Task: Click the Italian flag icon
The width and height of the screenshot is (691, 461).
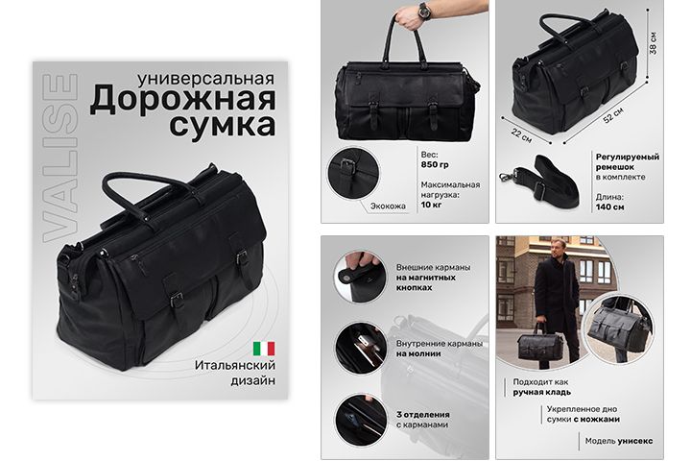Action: pyautogui.click(x=264, y=349)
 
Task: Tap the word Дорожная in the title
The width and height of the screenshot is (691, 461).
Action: pyautogui.click(x=183, y=98)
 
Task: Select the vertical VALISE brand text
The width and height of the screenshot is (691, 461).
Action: pyautogui.click(x=60, y=158)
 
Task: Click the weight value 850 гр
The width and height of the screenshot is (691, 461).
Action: pyautogui.click(x=435, y=165)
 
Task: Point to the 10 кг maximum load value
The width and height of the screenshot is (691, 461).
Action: pyautogui.click(x=431, y=205)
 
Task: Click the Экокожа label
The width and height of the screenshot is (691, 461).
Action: pyautogui.click(x=388, y=206)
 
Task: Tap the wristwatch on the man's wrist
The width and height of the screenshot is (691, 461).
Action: pyautogui.click(x=424, y=10)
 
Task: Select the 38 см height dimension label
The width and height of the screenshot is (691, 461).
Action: pyautogui.click(x=654, y=43)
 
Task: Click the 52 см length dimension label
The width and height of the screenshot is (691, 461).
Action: pyautogui.click(x=613, y=115)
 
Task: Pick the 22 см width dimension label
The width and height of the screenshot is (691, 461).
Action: pyautogui.click(x=521, y=134)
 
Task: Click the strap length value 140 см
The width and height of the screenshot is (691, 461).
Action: pyautogui.click(x=610, y=206)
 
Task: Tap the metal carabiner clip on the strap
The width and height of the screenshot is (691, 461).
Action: pyautogui.click(x=508, y=176)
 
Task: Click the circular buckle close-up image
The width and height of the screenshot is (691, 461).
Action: pyautogui.click(x=352, y=173)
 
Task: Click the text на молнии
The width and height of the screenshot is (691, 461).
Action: pyautogui.click(x=418, y=353)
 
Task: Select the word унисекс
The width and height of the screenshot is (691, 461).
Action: pyautogui.click(x=635, y=441)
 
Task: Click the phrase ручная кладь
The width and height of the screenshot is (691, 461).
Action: pyautogui.click(x=541, y=392)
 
